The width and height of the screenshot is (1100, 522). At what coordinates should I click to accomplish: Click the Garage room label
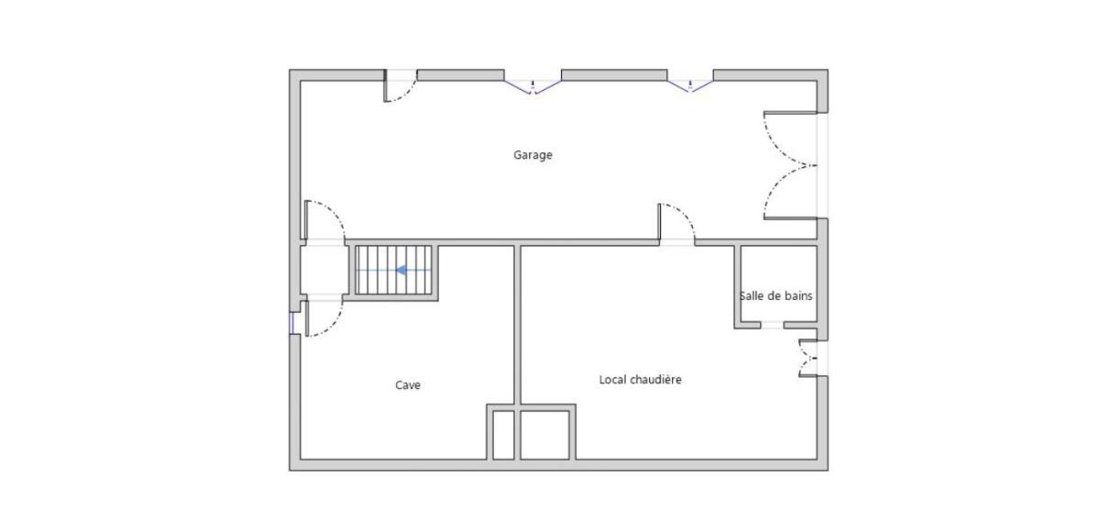533,155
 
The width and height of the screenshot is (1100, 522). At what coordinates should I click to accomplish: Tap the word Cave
408,385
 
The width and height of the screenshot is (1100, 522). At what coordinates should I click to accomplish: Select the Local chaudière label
640,380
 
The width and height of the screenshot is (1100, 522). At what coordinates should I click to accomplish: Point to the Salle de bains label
775,296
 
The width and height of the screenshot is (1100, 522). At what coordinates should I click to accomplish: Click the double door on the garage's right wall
790,165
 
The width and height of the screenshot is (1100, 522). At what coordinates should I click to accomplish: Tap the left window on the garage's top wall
533,85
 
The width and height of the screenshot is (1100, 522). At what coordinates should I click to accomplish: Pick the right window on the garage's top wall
690,85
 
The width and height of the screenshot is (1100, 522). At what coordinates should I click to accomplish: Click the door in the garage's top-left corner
401,86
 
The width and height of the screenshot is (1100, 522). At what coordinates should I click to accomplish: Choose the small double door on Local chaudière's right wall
808,358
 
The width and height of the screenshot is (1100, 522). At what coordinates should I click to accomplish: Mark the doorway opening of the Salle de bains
772,325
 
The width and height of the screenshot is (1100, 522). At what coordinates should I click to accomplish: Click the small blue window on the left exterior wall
291,323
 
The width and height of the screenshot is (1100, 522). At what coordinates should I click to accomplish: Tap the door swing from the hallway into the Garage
324,220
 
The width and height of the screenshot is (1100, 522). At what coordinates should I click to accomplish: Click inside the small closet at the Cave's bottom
503,435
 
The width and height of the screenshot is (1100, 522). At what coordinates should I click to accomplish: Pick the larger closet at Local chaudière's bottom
544,435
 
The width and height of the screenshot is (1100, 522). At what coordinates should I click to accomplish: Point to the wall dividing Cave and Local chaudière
517,325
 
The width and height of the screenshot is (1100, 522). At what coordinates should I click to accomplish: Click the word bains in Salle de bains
798,296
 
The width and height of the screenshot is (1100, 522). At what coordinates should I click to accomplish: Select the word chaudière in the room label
655,380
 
